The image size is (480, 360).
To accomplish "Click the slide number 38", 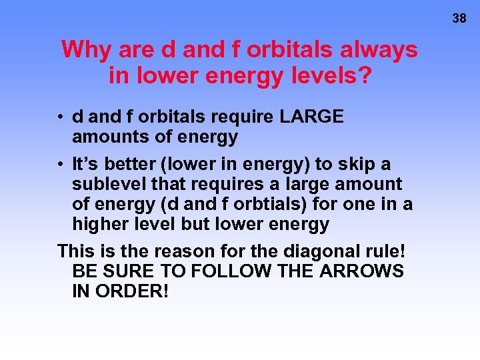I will [x=459, y=19].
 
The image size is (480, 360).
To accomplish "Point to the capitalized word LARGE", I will [x=312, y=117].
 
